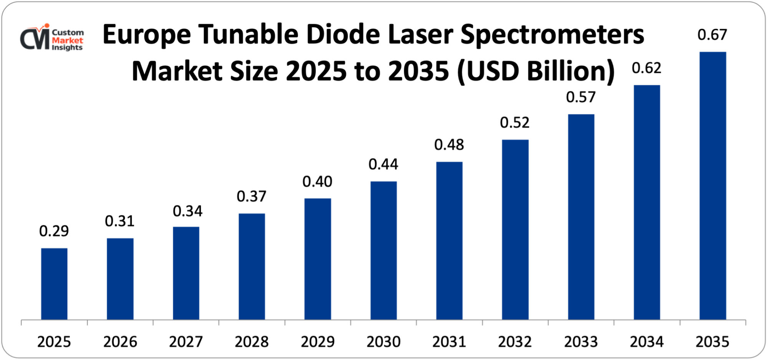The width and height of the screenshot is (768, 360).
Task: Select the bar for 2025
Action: click(54, 284)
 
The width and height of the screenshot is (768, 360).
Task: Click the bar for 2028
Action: click(252, 266)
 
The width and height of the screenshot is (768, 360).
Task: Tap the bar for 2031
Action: click(449, 241)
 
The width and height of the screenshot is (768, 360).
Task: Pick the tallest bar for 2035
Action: click(713, 186)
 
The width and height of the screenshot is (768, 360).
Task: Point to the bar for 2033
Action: click(581, 217)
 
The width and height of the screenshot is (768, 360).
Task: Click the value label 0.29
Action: click(54, 231)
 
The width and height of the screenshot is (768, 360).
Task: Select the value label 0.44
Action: click(383, 164)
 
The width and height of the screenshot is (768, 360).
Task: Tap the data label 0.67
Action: click(712, 35)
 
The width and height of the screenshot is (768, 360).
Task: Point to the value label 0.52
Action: click(515, 123)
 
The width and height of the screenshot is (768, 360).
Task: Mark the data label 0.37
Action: click(252, 197)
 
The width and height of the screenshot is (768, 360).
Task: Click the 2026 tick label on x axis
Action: click(120, 342)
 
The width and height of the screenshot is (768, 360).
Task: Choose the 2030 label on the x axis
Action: click(383, 342)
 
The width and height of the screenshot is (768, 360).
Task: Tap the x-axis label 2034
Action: click(647, 342)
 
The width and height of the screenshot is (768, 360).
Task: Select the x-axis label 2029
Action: click(318, 342)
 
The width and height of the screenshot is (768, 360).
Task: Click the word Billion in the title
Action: click(571, 71)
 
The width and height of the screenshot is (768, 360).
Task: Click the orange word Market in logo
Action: click(68, 40)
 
